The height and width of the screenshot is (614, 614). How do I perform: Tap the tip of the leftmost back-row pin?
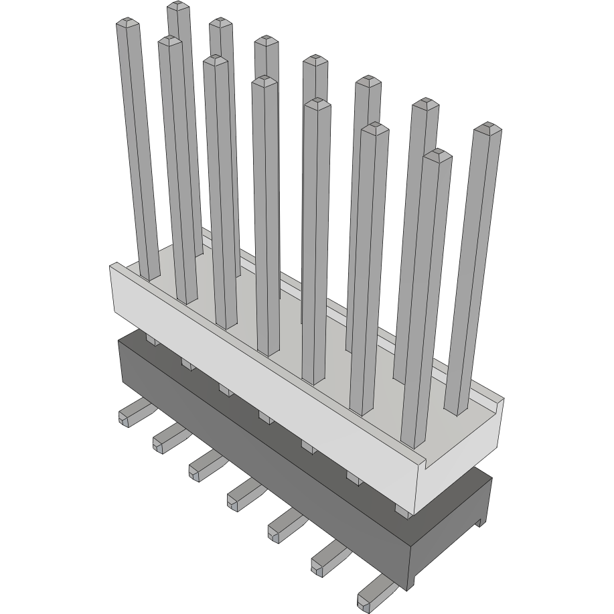177,7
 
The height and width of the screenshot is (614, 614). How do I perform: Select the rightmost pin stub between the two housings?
402,511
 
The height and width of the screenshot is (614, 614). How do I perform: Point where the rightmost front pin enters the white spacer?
414,442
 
